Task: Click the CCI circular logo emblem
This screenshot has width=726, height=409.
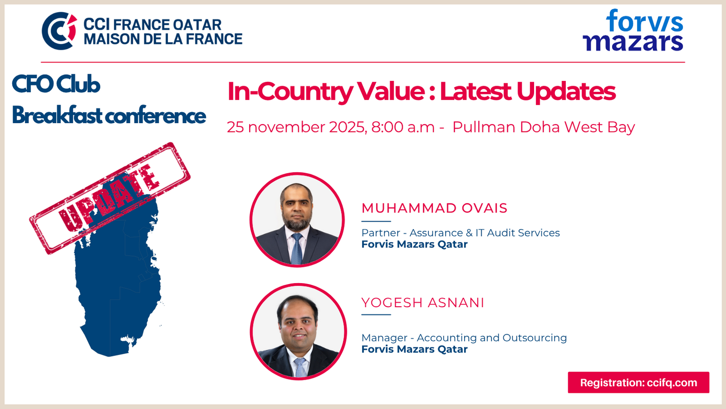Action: [x=59, y=31]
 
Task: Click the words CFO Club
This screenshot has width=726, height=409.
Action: [x=56, y=84]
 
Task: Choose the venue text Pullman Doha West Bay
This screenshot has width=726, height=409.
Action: [x=544, y=127]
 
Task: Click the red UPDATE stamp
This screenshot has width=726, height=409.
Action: [x=110, y=198]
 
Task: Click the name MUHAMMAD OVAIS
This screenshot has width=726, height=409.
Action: [x=434, y=208]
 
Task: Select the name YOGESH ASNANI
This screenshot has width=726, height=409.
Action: [x=423, y=302]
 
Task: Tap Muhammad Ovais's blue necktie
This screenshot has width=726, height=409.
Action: [x=296, y=248]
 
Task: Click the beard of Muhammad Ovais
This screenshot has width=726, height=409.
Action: [x=296, y=223]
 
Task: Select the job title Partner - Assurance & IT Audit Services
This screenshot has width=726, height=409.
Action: [x=460, y=233]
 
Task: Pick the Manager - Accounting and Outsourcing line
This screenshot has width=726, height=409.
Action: [x=464, y=338]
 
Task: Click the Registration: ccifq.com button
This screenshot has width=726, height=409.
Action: [x=639, y=382]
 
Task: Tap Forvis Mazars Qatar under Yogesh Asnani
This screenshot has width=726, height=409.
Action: [x=415, y=349]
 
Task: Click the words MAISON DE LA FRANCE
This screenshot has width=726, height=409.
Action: [x=163, y=39]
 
